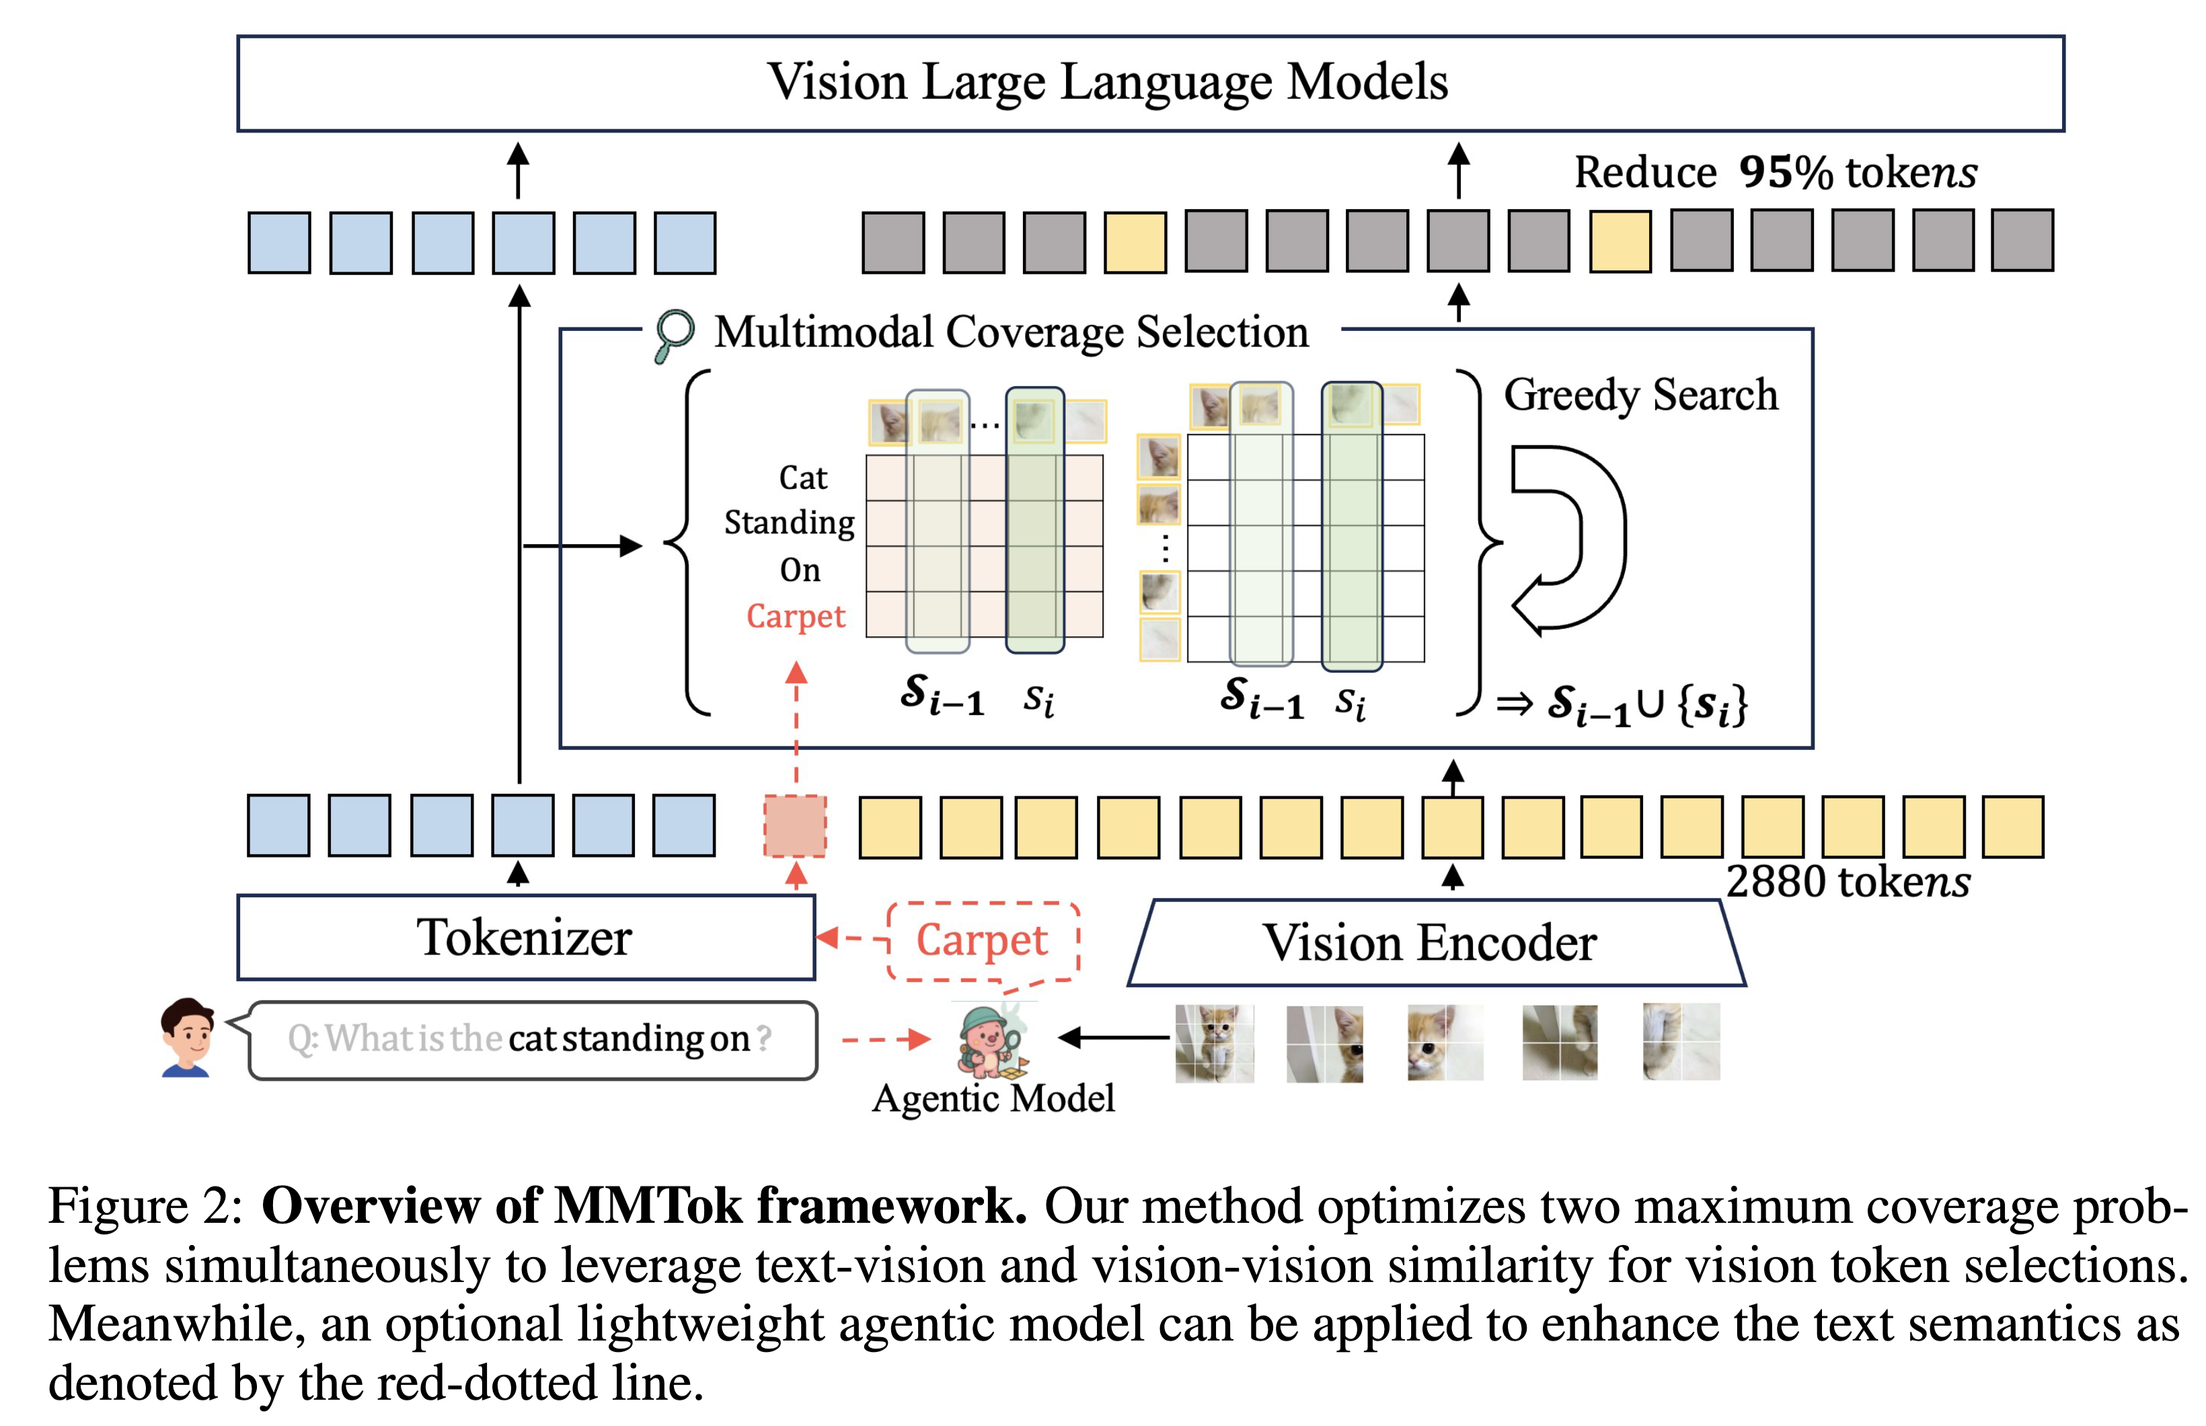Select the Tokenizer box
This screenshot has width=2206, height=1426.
(525, 936)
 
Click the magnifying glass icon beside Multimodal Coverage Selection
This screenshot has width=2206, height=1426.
(673, 334)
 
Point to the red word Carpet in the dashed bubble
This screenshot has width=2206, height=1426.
(981, 939)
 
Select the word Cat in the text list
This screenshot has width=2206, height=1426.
(802, 478)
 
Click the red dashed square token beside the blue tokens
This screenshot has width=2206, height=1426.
(794, 825)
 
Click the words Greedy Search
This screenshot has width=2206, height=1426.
(1640, 394)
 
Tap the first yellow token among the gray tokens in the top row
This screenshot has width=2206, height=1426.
(1134, 241)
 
